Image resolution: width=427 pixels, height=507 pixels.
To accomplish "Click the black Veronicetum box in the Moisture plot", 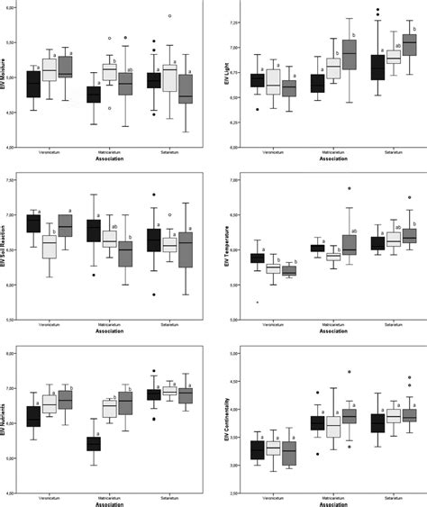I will pyautogui.click(x=33, y=84).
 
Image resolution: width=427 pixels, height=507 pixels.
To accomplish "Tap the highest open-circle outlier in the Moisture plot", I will pyautogui.click(x=168, y=16).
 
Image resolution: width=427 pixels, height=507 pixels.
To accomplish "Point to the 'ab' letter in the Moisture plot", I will pyautogui.click(x=132, y=69).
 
